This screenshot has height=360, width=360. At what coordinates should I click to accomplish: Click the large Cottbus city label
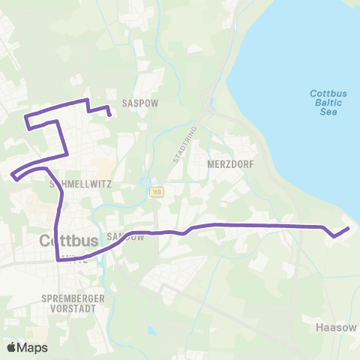[68, 241]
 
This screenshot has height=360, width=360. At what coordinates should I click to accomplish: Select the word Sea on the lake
[327, 112]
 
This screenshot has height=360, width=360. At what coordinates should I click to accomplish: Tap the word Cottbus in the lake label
[327, 94]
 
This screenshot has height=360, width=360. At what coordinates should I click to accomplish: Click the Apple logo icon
[11, 347]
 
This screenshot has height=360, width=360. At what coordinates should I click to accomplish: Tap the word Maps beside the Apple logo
[33, 347]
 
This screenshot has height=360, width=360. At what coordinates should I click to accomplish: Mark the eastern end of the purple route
[349, 228]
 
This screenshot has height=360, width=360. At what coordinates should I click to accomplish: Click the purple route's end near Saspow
[110, 115]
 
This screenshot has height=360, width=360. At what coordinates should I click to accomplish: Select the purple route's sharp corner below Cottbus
[58, 260]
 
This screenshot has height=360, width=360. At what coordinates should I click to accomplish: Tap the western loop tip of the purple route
[13, 177]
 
